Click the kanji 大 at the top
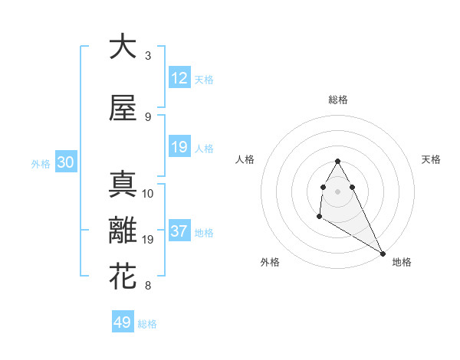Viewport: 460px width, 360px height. (x=122, y=47)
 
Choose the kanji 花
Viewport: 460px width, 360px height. (x=122, y=277)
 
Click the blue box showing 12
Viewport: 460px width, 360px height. (x=179, y=78)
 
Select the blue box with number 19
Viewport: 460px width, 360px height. (x=179, y=146)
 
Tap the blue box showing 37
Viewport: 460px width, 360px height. (x=179, y=231)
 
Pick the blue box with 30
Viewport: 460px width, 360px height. (x=65, y=162)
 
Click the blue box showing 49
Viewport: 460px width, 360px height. (x=123, y=322)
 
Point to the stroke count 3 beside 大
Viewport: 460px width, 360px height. (x=147, y=56)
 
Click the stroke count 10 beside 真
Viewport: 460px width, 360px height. (x=148, y=194)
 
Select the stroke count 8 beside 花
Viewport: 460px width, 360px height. (x=147, y=286)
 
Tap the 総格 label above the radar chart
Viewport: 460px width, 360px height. (x=338, y=100)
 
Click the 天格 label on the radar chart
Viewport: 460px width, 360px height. (x=431, y=159)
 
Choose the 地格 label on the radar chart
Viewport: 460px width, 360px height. (x=402, y=262)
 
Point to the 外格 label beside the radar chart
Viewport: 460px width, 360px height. (x=270, y=262)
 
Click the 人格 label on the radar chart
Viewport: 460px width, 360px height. (x=245, y=159)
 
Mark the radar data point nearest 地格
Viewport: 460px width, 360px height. (x=383, y=254)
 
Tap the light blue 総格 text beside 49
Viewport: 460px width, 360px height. (x=147, y=324)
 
